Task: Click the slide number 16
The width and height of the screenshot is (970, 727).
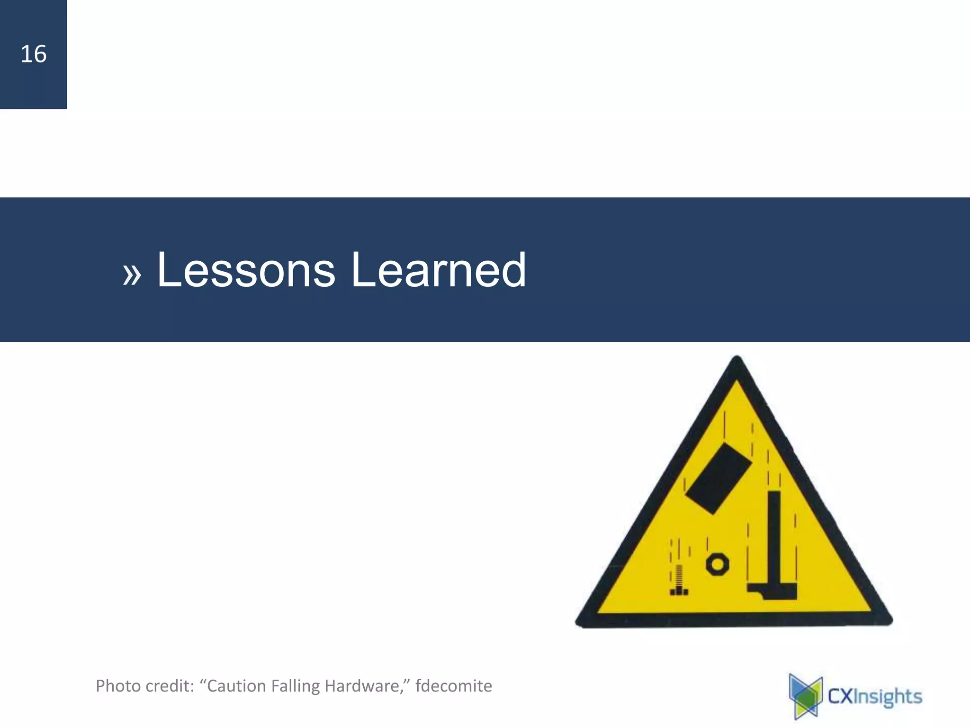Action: coord(34,54)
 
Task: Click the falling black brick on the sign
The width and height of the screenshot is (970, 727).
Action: coord(718,478)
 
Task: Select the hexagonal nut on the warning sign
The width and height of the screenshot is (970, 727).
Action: coord(717,564)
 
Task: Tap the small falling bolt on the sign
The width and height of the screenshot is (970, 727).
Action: coord(679,581)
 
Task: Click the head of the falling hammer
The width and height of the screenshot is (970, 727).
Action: coord(772,592)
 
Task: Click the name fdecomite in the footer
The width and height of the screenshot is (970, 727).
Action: coord(454,686)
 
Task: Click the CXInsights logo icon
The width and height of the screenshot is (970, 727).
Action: coord(806,696)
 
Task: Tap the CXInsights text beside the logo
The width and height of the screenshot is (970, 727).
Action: coord(875,697)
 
